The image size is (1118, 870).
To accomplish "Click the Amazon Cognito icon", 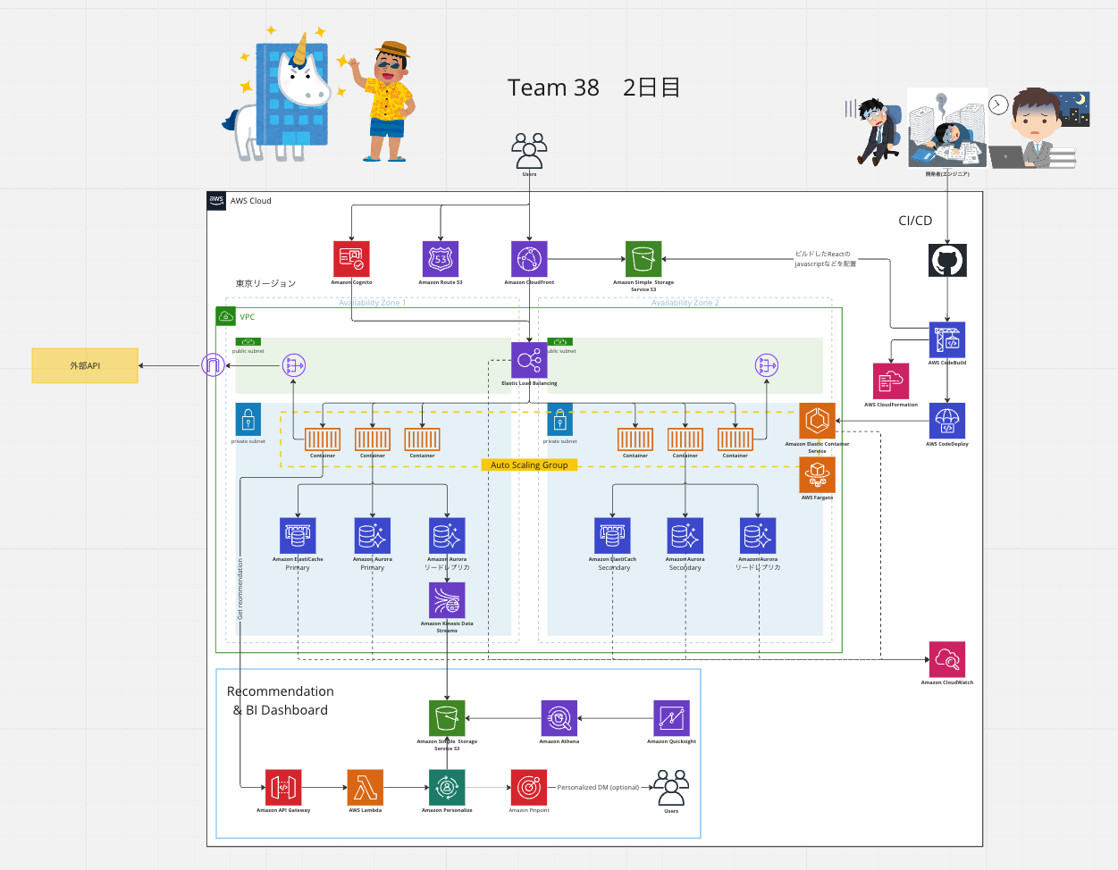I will coord(351,259).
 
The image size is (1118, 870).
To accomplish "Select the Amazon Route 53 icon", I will coord(441,259).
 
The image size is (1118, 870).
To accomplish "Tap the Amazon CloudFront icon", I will coord(529,259).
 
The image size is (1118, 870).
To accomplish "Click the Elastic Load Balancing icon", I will coord(529,360).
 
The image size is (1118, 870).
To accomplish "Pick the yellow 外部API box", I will coord(85,365).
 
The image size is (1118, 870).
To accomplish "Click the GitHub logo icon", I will coord(947,261).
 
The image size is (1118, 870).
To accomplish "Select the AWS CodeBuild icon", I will coord(947,339).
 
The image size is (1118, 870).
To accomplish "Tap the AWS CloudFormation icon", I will coord(891,381).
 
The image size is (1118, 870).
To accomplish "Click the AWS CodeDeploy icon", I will coord(947,421).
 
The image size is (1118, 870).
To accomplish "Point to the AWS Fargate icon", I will coord(817,475).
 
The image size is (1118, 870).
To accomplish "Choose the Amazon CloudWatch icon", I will coord(947,660).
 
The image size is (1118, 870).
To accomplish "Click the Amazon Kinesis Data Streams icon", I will coord(447,600).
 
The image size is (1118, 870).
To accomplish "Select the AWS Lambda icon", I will coord(366,787).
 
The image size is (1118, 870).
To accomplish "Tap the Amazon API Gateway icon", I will coord(283,787).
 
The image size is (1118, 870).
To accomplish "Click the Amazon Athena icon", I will coord(559,718).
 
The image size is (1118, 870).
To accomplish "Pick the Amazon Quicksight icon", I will coord(671,718).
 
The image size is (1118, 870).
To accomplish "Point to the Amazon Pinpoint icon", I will coord(529,787).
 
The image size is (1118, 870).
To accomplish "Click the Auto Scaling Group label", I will coord(529,464).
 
